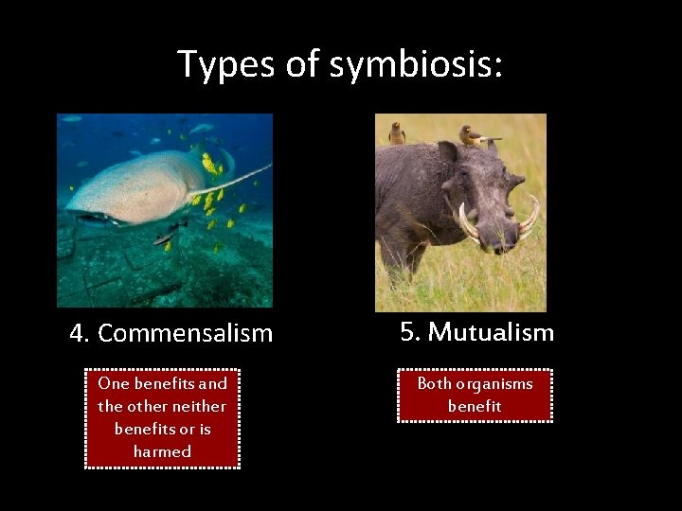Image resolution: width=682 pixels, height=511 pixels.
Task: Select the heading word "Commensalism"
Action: [185, 333]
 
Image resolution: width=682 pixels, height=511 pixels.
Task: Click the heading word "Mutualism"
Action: [491, 332]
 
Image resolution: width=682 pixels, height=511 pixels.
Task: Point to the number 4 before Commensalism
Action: [78, 333]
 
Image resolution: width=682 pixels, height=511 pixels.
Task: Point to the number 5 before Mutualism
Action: [408, 332]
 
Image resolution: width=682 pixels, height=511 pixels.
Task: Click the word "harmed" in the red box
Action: [162, 451]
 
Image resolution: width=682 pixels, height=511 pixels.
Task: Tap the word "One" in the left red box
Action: [113, 383]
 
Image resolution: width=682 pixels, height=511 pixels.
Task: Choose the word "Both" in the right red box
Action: [435, 383]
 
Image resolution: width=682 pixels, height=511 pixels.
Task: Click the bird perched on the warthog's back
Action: [397, 133]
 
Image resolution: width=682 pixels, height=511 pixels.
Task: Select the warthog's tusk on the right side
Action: [529, 216]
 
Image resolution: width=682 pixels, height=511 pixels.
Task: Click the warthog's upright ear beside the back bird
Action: [446, 152]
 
